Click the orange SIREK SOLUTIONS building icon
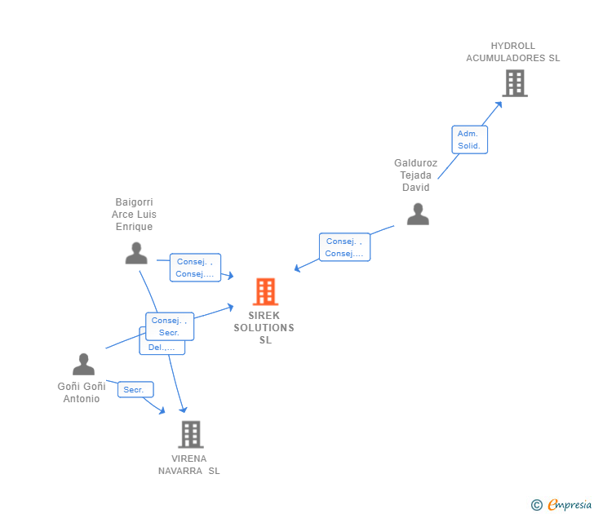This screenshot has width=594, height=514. click(265, 291)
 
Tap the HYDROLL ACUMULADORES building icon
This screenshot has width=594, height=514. click(514, 83)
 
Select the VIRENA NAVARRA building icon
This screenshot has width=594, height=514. click(190, 434)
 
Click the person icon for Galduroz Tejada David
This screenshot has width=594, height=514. click(418, 214)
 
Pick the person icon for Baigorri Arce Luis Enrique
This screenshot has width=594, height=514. click(136, 253)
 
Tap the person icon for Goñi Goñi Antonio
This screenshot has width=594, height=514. click(83, 364)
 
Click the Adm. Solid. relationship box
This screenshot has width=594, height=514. click(469, 140)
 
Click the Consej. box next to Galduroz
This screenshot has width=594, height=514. click(344, 247)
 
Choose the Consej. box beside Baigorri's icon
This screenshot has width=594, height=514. click(195, 268)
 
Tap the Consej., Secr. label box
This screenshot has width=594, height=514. click(170, 326)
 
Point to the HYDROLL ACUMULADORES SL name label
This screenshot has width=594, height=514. click(513, 52)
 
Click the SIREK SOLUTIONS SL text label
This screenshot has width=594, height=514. click(264, 327)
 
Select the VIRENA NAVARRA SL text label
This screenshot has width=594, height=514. click(189, 464)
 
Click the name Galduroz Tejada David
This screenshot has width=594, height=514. click(416, 175)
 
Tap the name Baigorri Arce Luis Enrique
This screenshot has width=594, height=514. click(134, 215)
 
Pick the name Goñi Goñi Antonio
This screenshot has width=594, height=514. click(82, 392)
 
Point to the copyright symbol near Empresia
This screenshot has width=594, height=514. click(537, 505)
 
